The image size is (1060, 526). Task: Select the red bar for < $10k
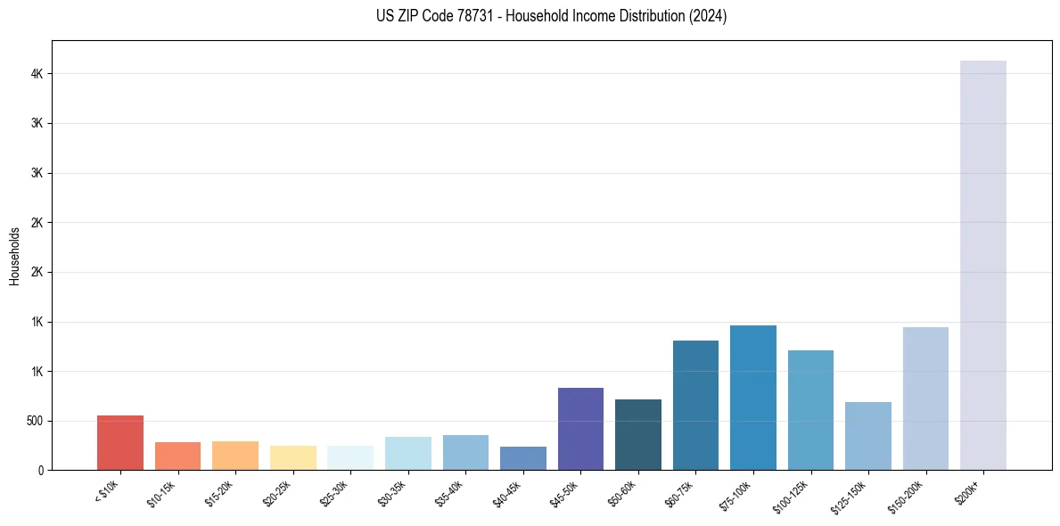click(x=120, y=442)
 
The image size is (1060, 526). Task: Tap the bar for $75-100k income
click(x=752, y=398)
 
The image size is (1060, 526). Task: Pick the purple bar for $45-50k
click(x=580, y=429)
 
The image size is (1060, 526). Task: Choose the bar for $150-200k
click(x=925, y=399)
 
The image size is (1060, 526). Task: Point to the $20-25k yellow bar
click(x=292, y=457)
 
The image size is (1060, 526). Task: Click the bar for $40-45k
click(x=522, y=458)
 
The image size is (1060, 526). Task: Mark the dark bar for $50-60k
click(x=637, y=434)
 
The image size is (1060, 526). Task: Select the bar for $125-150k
click(x=867, y=436)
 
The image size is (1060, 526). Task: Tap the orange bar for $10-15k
click(x=177, y=456)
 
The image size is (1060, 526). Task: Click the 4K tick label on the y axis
click(x=37, y=74)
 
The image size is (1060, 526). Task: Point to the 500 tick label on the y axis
click(x=34, y=421)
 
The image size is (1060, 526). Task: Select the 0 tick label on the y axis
click(x=41, y=470)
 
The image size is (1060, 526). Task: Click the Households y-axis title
click(x=15, y=255)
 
